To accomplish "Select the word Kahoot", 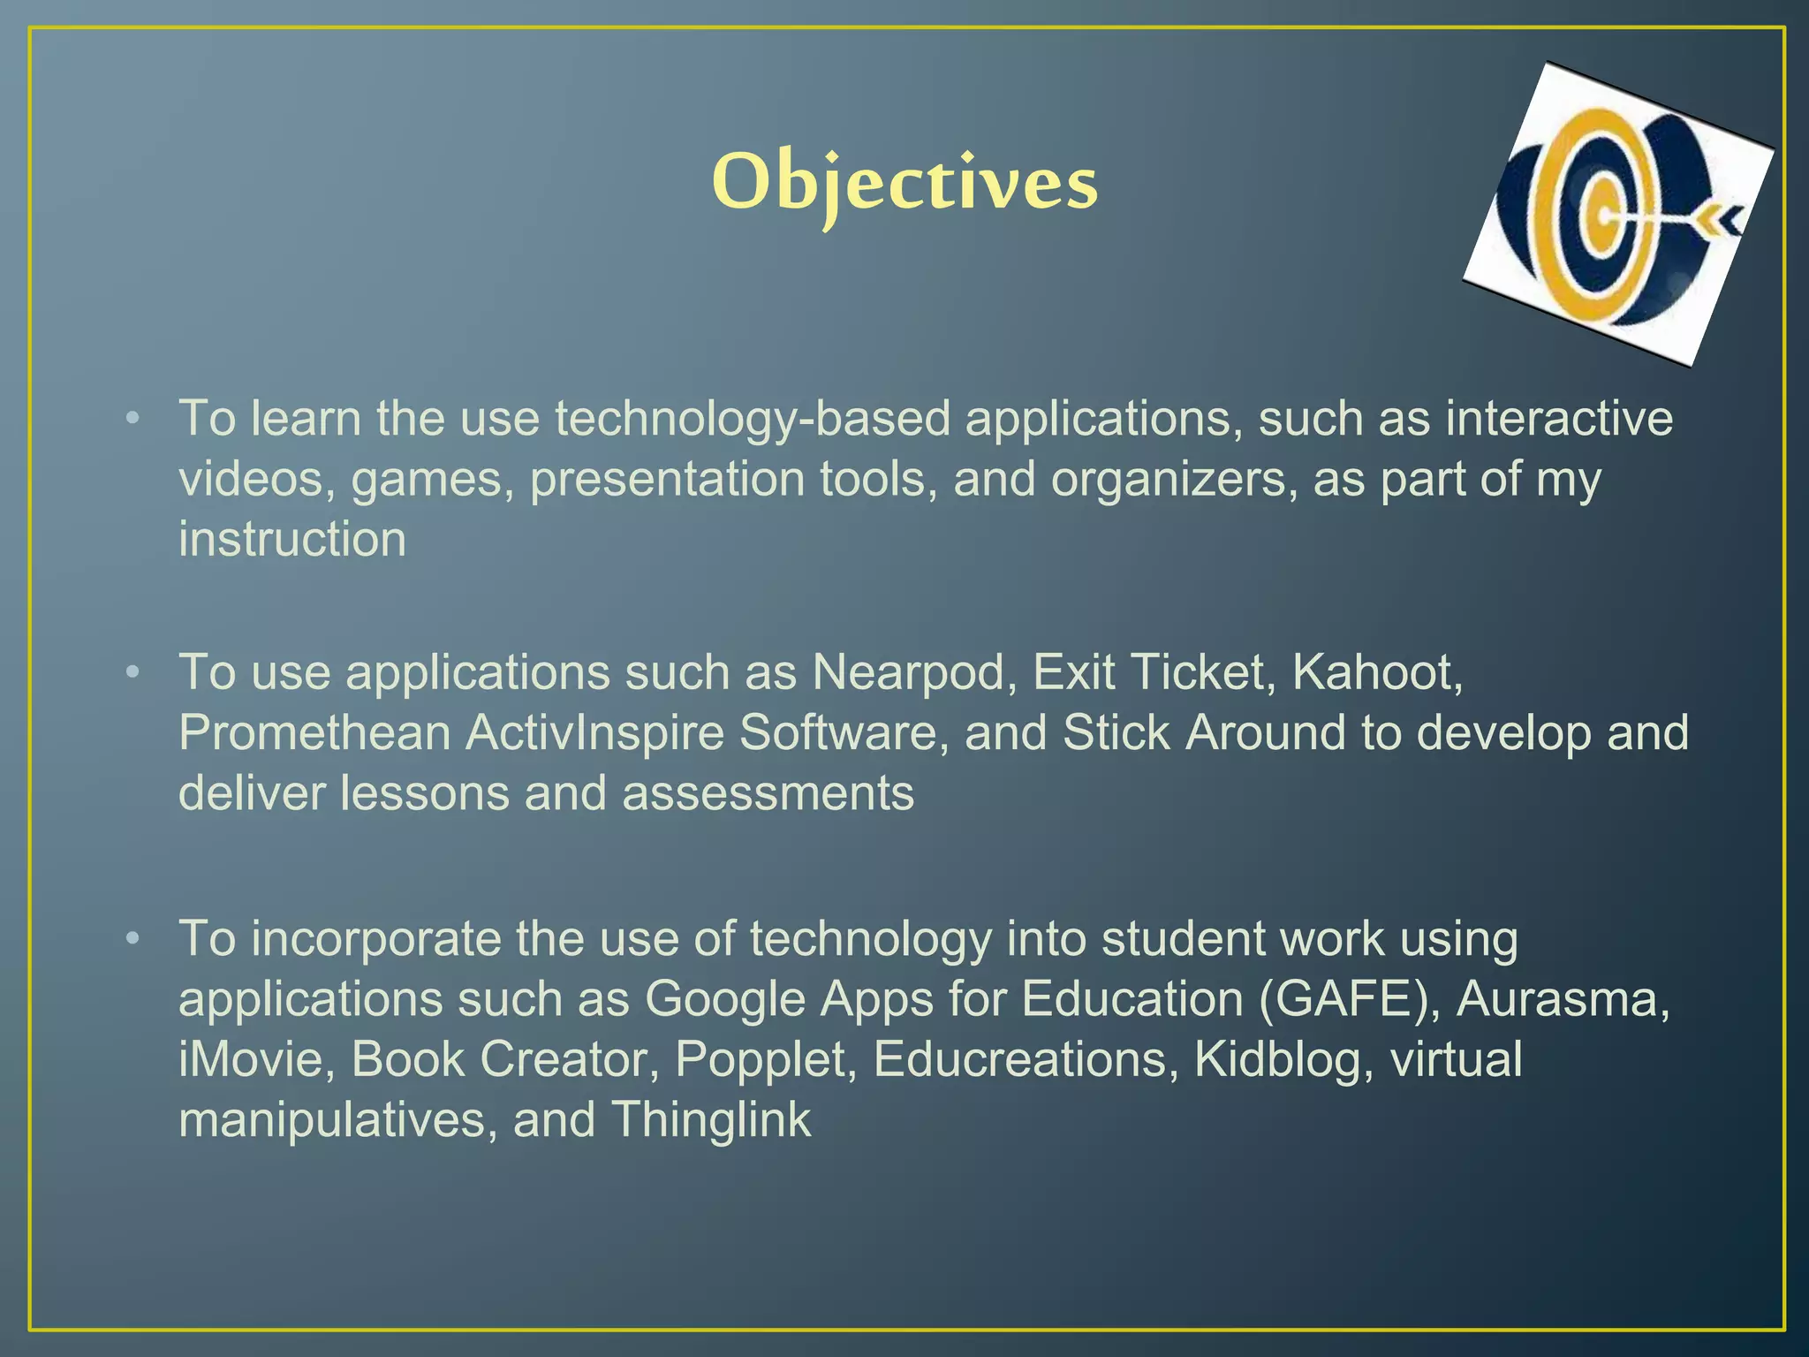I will (x=1376, y=672).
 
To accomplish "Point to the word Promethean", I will (x=314, y=733).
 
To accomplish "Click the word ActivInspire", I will (x=594, y=733).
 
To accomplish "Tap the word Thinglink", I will (x=711, y=1119).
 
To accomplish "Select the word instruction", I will (x=292, y=539).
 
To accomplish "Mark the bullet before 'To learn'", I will (x=132, y=418).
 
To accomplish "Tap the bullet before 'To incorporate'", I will (x=132, y=938).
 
